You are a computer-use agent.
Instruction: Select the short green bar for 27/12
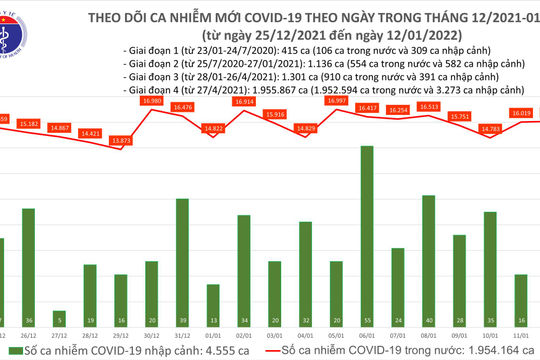click(58, 295)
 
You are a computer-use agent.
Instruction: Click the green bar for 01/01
click(212, 298)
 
